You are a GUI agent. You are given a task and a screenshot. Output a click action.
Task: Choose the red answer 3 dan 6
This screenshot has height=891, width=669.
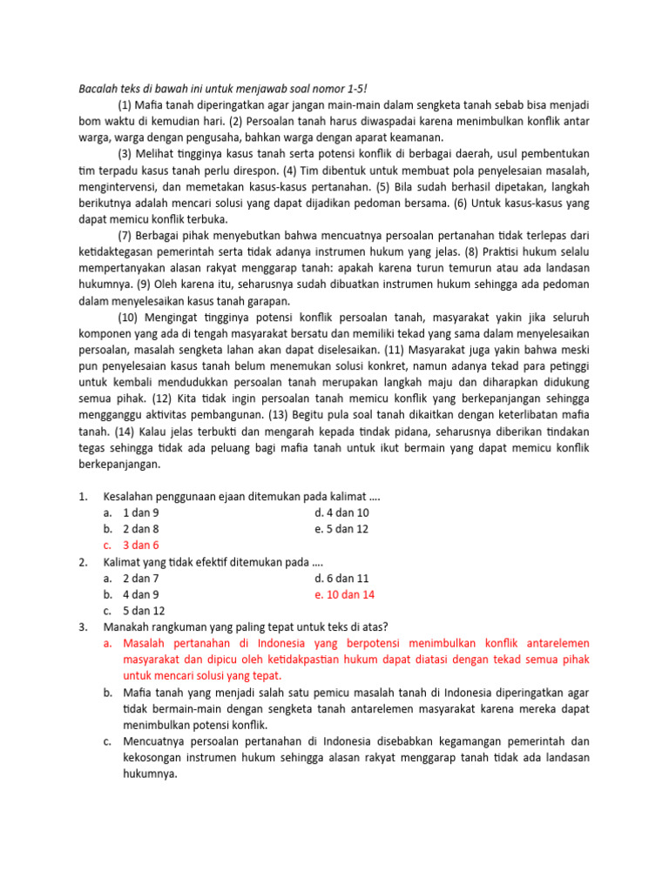pyautogui.click(x=141, y=545)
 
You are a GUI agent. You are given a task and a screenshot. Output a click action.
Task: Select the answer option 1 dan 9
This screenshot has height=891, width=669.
pyautogui.click(x=141, y=512)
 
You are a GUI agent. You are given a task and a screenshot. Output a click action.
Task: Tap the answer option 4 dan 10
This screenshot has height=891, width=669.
pyautogui.click(x=342, y=512)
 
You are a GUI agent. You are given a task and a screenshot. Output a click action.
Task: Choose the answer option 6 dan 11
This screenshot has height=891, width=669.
pyautogui.click(x=342, y=578)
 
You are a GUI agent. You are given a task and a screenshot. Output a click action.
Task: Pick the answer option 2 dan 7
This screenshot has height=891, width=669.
pyautogui.click(x=141, y=578)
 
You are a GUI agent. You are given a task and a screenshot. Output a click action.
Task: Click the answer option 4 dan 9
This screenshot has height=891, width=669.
pyautogui.click(x=141, y=593)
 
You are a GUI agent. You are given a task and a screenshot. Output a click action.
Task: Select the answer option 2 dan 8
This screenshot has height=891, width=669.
pyautogui.click(x=141, y=528)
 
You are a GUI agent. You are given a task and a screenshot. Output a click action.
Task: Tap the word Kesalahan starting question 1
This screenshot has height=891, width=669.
pyautogui.click(x=130, y=496)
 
